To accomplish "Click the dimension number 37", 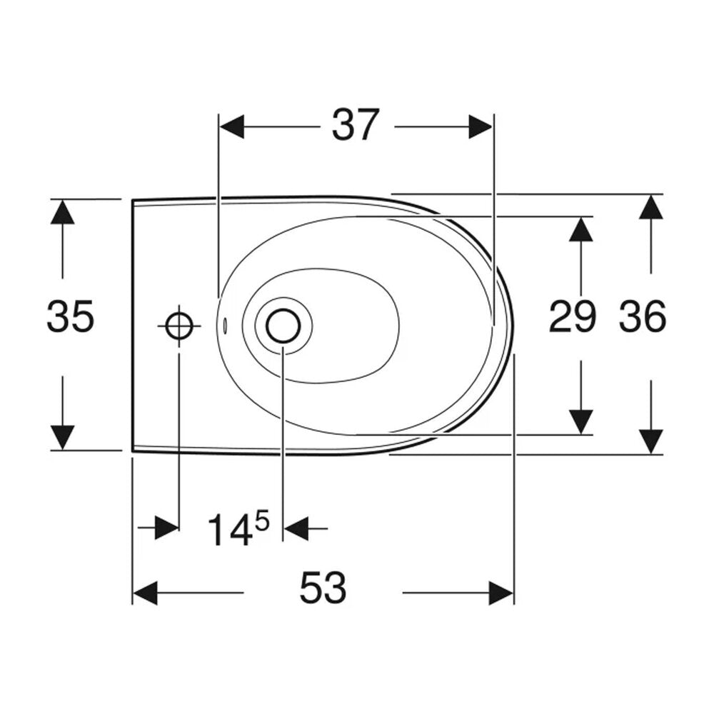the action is coord(355,124).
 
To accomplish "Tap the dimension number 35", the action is coord(70,316).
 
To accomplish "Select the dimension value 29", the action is coord(573,316).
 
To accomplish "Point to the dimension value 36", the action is coord(643,316).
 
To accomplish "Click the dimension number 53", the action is coord(323,588).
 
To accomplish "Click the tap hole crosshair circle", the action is coord(179,326).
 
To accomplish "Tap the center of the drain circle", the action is coord(283,326).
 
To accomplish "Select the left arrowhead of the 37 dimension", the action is coord(231,126).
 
